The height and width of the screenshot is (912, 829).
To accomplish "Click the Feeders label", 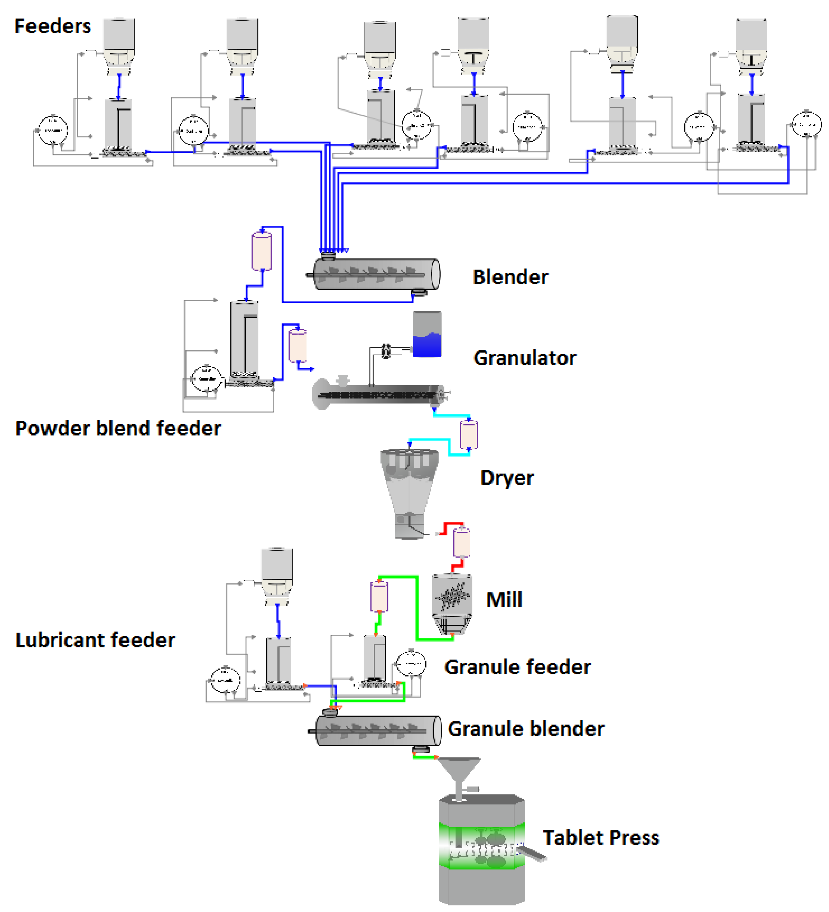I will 52,26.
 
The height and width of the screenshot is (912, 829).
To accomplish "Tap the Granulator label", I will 524,358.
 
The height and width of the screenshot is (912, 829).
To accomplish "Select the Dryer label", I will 507,478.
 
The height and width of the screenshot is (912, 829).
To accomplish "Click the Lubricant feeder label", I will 95,640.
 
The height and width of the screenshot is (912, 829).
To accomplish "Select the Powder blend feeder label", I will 118,428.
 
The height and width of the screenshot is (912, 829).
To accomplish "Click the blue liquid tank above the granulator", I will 427,335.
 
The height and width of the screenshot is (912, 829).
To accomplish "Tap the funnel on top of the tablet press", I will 459,774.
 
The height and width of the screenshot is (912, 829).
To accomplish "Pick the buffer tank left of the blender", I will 261,251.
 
